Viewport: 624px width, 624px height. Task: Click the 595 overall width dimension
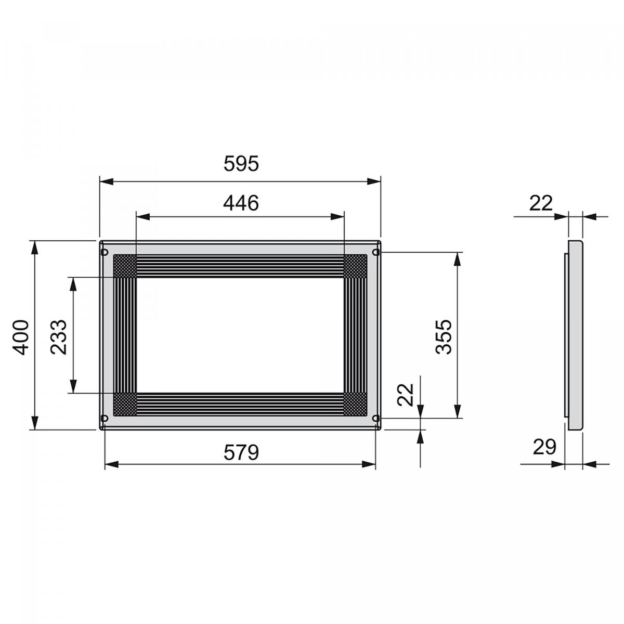(241, 163)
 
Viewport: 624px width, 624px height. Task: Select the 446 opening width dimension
(241, 203)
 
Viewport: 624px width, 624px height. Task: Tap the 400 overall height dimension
(20, 337)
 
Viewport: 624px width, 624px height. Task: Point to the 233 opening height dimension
(59, 337)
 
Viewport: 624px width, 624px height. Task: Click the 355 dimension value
(444, 337)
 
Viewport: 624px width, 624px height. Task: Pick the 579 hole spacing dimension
(241, 452)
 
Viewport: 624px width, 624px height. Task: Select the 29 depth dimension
(544, 447)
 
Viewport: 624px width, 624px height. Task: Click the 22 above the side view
(541, 203)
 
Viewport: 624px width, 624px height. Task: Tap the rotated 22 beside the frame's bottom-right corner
(406, 394)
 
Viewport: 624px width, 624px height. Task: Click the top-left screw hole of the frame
(105, 252)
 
